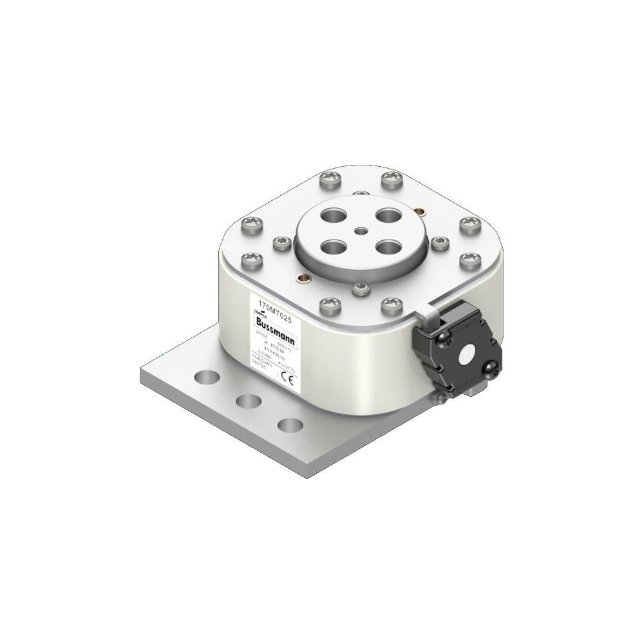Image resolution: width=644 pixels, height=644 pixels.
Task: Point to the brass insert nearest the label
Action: [299, 278]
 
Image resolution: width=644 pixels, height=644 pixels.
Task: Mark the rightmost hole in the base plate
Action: [290, 426]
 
